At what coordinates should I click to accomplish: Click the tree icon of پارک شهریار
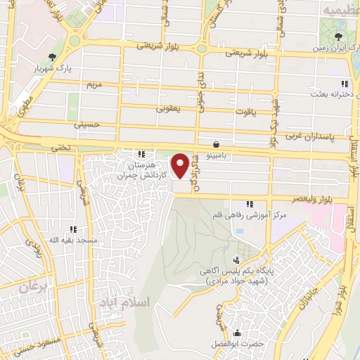pyautogui.click(x=51, y=56)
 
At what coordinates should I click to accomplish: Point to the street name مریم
pyautogui.click(x=94, y=84)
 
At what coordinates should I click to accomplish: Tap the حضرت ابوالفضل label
pyautogui.click(x=233, y=344)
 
